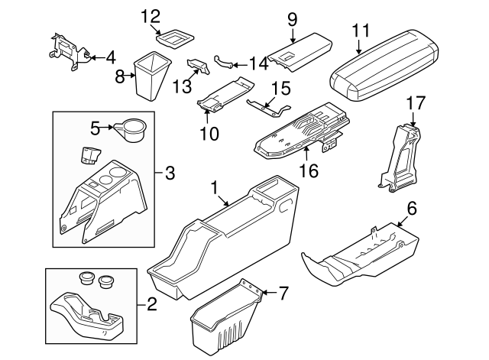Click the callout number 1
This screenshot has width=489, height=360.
tap(215, 186)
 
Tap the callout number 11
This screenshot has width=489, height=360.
tap(361, 31)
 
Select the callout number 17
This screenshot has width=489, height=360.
tap(414, 102)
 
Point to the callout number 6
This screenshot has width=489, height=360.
tap(412, 208)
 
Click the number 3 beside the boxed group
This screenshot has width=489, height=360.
tap(169, 173)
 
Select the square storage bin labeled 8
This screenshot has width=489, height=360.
tap(152, 75)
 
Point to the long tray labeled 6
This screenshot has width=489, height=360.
tap(359, 257)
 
